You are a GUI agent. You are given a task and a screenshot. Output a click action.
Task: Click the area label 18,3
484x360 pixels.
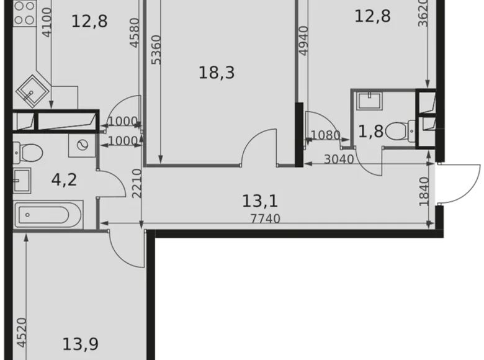coord(217,73)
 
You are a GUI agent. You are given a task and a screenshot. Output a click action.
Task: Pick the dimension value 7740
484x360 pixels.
coord(266,218)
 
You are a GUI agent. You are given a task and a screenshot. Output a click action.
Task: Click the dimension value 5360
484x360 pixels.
coord(156,51)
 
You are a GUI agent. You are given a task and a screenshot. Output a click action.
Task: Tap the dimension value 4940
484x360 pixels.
coord(303,42)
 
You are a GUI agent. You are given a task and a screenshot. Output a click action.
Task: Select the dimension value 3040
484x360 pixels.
coord(338,159)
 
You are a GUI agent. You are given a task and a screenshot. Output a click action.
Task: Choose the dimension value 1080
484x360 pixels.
coord(326,135)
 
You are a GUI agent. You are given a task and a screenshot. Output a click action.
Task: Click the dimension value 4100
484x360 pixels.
coord(48,23)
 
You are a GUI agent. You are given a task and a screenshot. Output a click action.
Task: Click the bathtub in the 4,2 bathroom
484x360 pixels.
coord(46,215)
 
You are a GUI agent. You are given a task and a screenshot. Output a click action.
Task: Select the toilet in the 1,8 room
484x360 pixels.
coord(395,131)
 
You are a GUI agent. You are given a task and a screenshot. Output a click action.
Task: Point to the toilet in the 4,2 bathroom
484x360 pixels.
coord(29,151)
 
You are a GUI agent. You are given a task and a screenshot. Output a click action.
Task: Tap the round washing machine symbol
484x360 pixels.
coord(81,146)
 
